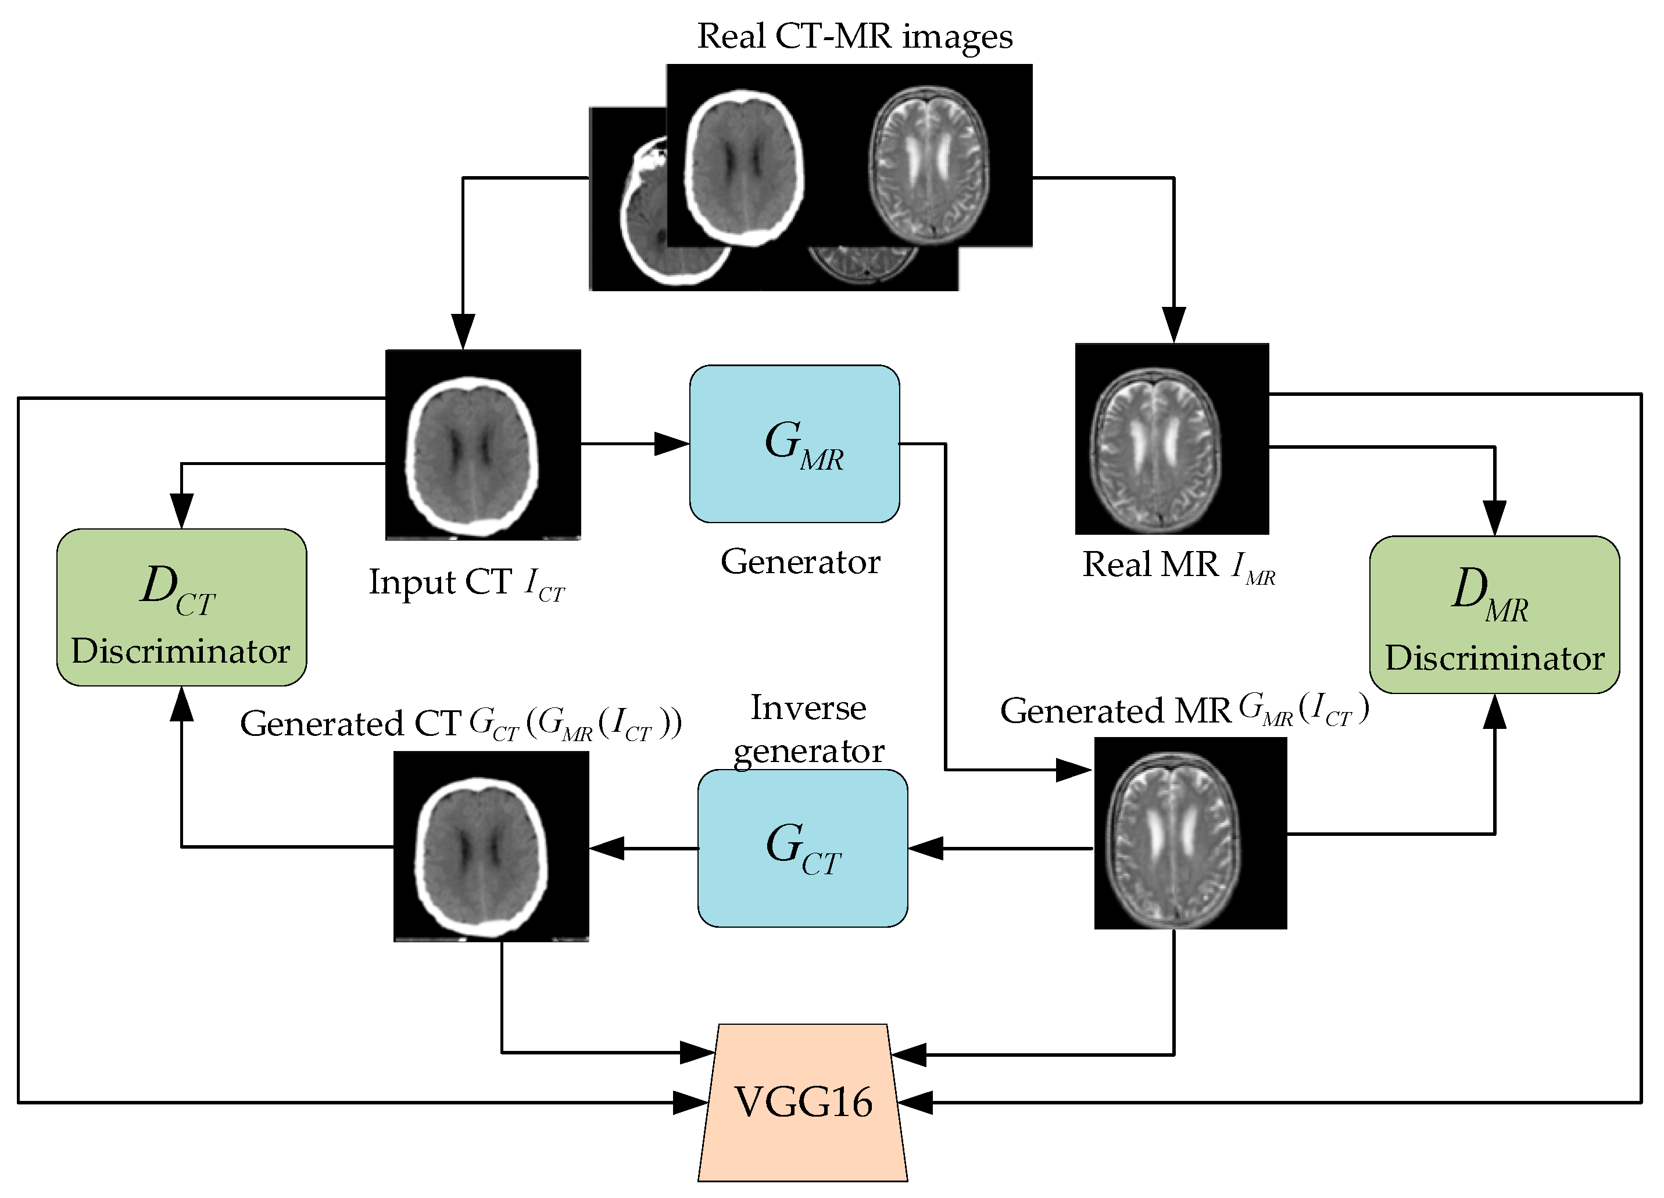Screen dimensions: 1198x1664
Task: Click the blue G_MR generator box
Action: click(794, 444)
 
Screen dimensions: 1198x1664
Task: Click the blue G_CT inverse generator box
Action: click(802, 848)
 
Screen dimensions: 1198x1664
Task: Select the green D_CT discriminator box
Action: click(181, 607)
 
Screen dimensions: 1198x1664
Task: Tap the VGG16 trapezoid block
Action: click(803, 1102)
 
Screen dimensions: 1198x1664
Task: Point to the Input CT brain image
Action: click(483, 445)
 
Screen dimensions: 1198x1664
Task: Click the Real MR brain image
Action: click(1171, 439)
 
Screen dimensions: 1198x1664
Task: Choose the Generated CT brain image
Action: click(491, 846)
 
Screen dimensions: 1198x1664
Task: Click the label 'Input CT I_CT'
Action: click(467, 583)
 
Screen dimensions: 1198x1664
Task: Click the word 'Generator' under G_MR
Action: click(800, 562)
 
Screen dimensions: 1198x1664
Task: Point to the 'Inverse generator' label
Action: click(808, 728)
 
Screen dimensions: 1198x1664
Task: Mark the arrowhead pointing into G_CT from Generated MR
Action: click(925, 848)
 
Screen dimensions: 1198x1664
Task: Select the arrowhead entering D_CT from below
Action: click(181, 705)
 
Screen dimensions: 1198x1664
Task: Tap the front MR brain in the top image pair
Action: click(929, 165)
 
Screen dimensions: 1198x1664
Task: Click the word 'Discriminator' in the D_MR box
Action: click(1494, 658)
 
